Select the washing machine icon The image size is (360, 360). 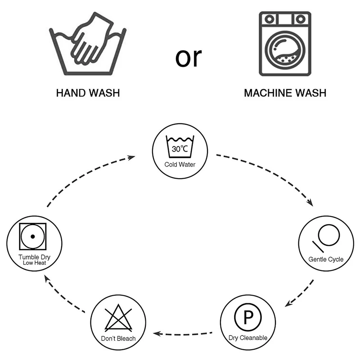(x=285, y=43)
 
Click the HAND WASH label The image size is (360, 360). (x=88, y=94)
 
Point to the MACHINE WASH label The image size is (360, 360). (x=285, y=94)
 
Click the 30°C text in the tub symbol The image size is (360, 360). (x=180, y=148)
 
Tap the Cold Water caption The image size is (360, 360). (x=180, y=165)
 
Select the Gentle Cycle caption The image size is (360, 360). (x=326, y=259)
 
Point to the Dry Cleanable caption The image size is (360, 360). (x=248, y=337)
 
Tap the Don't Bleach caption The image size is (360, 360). (x=118, y=338)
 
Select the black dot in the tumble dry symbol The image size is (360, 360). (x=32, y=237)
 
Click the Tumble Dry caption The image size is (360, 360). (x=35, y=257)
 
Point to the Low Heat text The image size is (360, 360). (x=35, y=263)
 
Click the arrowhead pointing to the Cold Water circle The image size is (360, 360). (x=132, y=157)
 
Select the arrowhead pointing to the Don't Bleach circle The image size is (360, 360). (x=157, y=334)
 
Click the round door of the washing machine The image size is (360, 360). (x=285, y=49)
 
